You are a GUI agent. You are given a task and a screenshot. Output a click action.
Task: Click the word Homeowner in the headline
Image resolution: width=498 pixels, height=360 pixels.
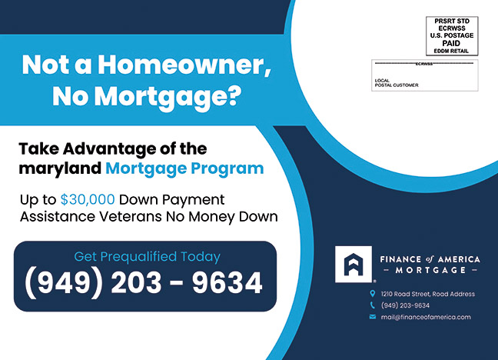[x=184, y=65]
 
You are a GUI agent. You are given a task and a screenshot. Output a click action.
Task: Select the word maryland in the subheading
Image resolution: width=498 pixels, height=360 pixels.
[x=60, y=169]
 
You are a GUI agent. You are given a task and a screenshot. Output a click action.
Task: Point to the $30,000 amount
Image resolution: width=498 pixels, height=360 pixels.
[x=88, y=200]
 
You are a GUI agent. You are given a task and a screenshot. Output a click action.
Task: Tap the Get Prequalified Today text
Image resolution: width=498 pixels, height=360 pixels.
[x=147, y=257]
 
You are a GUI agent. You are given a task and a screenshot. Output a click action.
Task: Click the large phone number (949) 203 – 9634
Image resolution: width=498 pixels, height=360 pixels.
[x=144, y=283]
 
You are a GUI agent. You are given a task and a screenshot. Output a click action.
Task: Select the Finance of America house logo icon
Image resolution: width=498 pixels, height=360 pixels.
[x=354, y=264]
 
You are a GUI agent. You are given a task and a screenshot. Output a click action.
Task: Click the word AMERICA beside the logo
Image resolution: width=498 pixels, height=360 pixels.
[x=459, y=259]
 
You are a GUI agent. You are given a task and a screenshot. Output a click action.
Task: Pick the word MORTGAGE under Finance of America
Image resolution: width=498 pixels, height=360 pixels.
[x=430, y=270]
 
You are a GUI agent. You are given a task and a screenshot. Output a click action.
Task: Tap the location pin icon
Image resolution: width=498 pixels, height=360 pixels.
[x=373, y=294]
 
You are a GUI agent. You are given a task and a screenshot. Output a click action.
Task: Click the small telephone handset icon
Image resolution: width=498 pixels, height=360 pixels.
[x=373, y=305]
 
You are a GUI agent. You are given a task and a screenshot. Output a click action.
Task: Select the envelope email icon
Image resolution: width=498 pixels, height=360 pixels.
[x=373, y=317]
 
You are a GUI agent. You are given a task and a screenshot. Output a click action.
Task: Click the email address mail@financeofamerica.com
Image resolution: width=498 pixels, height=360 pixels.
[x=426, y=317]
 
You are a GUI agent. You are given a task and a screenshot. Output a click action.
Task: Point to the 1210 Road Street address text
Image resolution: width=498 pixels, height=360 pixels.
[x=428, y=294]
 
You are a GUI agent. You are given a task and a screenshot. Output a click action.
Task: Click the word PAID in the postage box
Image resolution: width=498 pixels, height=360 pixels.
[x=451, y=43]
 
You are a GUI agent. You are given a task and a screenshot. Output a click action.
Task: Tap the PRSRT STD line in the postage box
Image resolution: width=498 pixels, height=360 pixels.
[x=452, y=21]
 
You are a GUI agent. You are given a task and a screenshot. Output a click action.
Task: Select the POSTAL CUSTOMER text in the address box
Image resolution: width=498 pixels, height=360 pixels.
[x=397, y=85]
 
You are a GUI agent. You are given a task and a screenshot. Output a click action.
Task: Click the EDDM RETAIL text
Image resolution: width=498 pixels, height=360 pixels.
[x=451, y=51]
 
